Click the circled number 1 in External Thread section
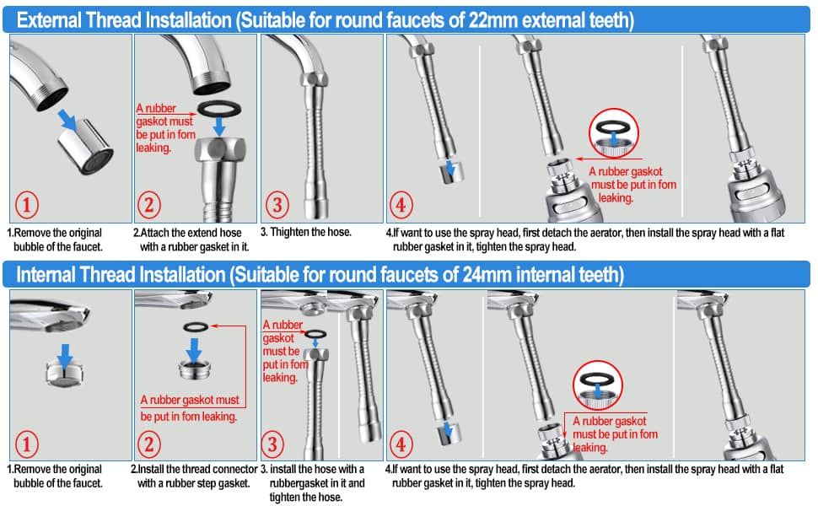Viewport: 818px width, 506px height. [x=27, y=204]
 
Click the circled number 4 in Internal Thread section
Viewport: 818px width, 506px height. [x=401, y=444]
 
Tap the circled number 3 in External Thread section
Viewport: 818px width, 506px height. [x=277, y=204]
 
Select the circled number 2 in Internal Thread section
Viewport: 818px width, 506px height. [x=148, y=444]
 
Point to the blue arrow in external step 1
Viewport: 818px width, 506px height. [x=67, y=120]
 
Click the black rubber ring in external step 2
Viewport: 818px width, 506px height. [x=219, y=109]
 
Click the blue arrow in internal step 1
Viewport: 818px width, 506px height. [x=65, y=356]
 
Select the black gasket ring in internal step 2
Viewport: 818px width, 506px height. [x=196, y=327]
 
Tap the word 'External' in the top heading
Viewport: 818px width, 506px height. [x=49, y=20]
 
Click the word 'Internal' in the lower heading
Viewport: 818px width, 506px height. [x=46, y=274]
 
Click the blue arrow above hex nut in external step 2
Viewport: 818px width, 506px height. [x=219, y=126]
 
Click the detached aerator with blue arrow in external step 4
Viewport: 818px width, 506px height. [x=451, y=172]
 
